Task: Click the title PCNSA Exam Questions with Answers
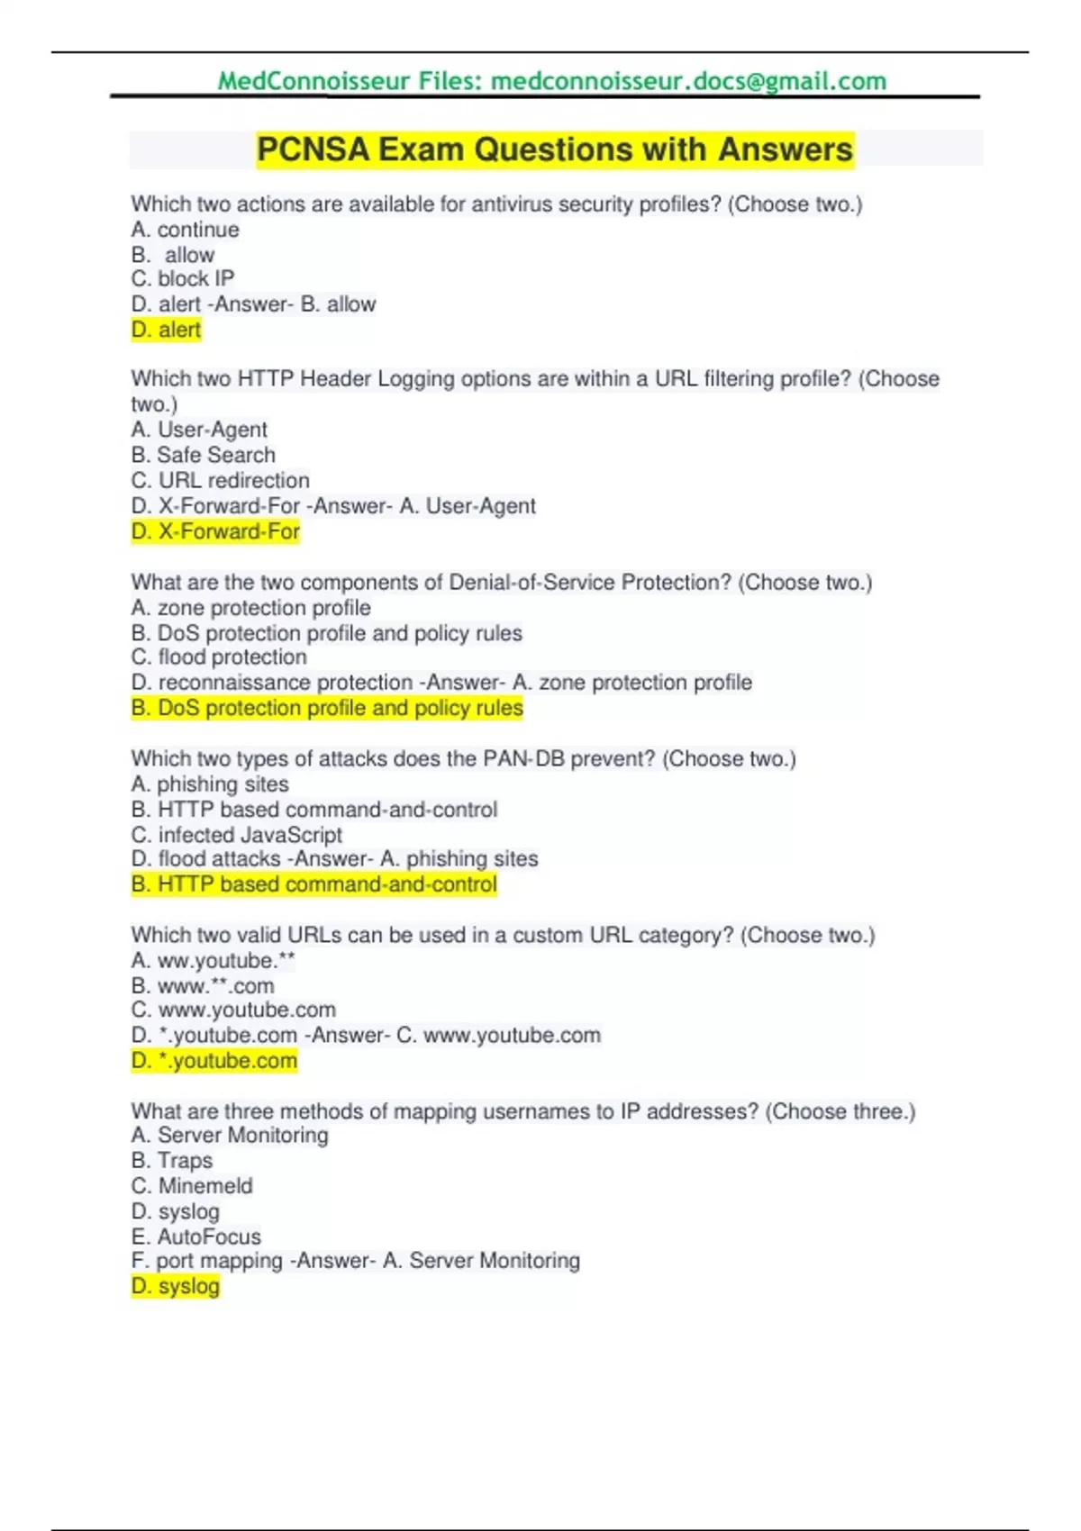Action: [554, 149]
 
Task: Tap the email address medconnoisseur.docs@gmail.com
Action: [688, 81]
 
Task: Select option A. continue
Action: [186, 230]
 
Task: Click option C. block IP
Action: [183, 279]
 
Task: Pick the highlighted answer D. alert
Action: [167, 330]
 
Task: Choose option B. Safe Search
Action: [204, 455]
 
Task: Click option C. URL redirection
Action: [221, 480]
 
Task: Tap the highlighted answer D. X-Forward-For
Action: [215, 531]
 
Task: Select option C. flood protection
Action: [219, 657]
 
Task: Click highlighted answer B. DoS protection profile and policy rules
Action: [327, 708]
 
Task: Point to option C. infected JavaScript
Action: [237, 835]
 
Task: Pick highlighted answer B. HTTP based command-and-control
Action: [314, 884]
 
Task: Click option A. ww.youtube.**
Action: [213, 961]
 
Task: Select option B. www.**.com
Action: [203, 986]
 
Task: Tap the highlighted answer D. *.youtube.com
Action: [214, 1061]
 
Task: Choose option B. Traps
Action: [172, 1161]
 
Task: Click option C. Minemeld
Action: [192, 1186]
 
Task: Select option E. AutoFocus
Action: [196, 1237]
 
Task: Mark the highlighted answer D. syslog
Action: [176, 1286]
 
